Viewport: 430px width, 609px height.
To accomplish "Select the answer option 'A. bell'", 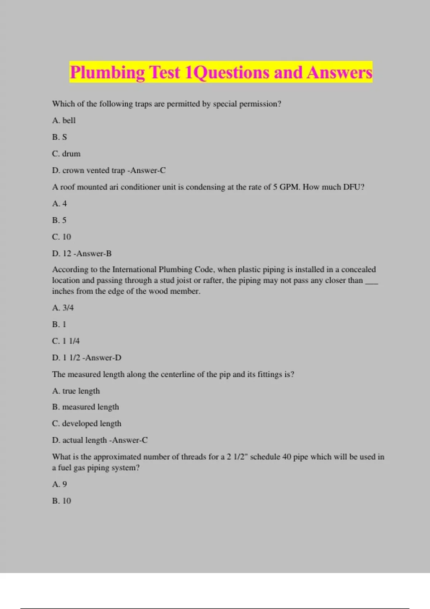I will [x=64, y=120].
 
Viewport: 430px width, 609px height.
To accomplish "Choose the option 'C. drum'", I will [x=66, y=154].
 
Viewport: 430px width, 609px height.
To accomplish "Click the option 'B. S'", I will [x=59, y=137].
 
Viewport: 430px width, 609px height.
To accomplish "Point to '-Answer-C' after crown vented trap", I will [x=147, y=171].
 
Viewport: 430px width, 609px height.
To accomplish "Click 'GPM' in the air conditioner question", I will [x=289, y=187].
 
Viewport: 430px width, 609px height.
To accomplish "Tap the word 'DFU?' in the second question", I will [x=353, y=187].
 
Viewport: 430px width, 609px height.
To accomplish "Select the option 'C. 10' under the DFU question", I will [x=62, y=237].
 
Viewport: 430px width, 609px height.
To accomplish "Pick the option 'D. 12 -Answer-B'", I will [x=82, y=254].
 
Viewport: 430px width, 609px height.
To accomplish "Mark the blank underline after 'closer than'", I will [x=372, y=281].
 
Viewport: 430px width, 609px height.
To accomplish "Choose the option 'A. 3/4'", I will [x=63, y=308].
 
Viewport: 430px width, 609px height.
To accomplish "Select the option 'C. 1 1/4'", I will [x=66, y=341].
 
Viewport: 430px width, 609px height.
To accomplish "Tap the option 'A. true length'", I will [x=76, y=391].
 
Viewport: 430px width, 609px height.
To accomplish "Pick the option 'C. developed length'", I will [x=87, y=423].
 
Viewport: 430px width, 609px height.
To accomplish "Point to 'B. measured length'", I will [x=85, y=407].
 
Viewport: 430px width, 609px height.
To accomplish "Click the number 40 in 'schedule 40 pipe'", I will [x=287, y=457].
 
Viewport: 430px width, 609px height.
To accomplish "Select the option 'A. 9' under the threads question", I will [x=59, y=484].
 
